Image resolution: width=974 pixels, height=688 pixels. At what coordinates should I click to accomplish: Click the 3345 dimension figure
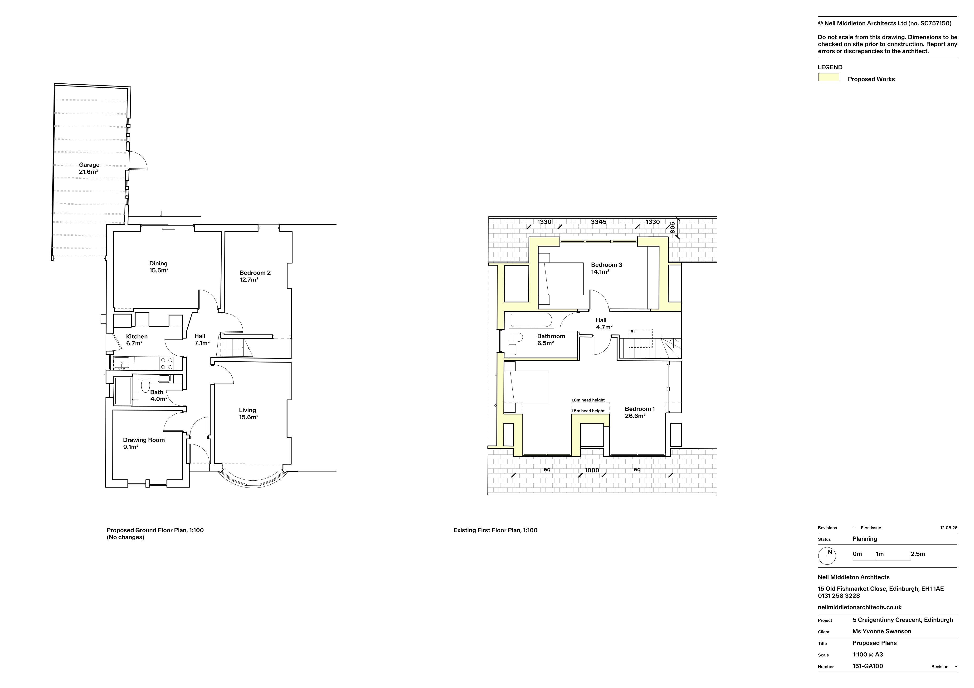[599, 222]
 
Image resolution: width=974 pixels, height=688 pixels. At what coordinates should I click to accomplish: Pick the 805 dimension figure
[672, 228]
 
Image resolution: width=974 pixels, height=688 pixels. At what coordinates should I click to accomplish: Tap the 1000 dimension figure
[592, 470]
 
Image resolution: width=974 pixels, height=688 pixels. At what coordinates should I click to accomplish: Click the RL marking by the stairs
[633, 332]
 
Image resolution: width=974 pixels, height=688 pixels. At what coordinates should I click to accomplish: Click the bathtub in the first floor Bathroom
[532, 320]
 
